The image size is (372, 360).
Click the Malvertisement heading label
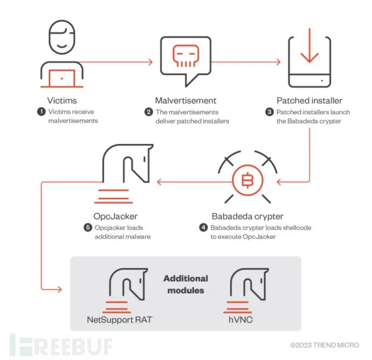(x=186, y=100)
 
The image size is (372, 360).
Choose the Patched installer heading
(x=309, y=100)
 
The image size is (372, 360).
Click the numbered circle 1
(x=40, y=112)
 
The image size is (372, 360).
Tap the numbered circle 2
(x=148, y=112)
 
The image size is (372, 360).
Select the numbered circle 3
(x=269, y=112)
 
